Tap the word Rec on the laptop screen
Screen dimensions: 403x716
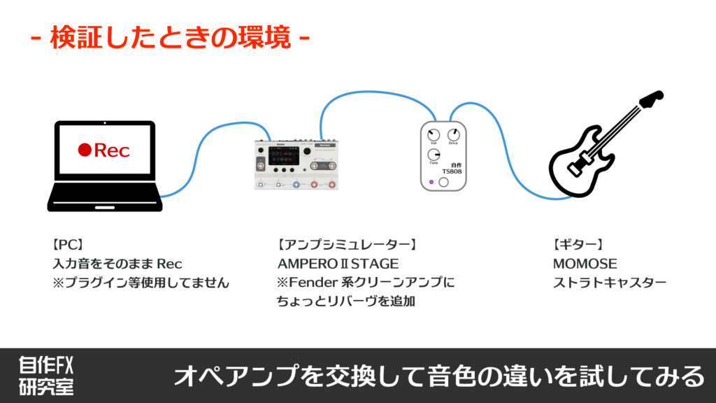(112, 150)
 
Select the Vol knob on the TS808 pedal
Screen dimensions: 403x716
(434, 134)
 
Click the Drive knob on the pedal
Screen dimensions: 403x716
(453, 134)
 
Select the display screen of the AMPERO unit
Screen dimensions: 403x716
(285, 156)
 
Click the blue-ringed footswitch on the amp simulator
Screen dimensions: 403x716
(296, 185)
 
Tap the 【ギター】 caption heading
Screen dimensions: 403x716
(577, 245)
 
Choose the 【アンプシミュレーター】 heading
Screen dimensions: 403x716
(347, 245)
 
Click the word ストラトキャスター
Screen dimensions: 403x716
(609, 283)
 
